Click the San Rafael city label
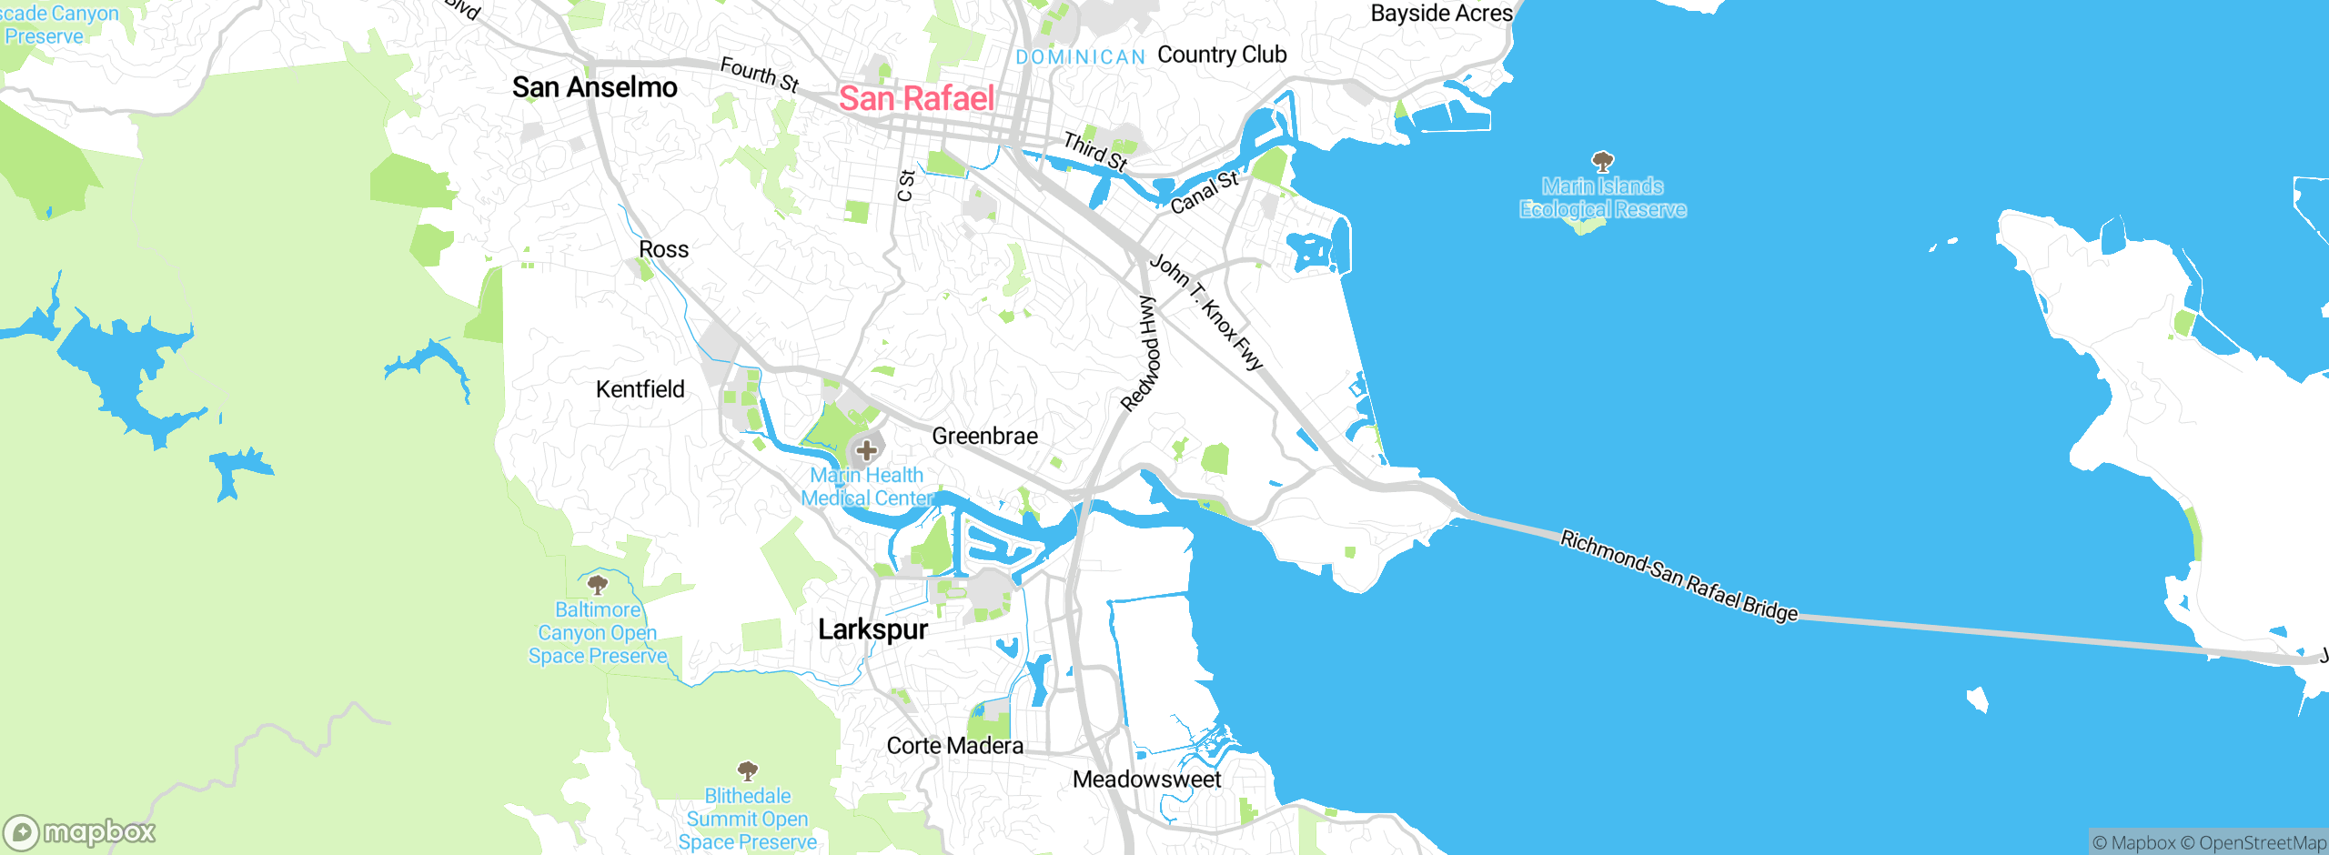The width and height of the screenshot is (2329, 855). (x=916, y=98)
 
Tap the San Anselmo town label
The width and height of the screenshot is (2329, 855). (x=594, y=87)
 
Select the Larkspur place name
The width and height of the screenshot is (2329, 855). (x=872, y=629)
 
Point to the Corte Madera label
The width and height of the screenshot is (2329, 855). (x=954, y=746)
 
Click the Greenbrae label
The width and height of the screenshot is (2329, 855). (x=984, y=437)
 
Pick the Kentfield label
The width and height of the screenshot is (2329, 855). (x=640, y=389)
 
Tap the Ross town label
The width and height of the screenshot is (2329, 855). (x=663, y=249)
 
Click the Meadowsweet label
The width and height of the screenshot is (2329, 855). (x=1146, y=780)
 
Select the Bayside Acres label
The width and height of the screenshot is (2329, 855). (x=1441, y=14)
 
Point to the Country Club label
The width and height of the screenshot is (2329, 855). (x=1222, y=55)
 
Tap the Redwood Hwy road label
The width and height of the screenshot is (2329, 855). (x=1142, y=353)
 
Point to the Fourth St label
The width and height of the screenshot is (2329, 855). (x=759, y=75)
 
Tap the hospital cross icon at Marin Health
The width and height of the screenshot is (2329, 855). (x=866, y=450)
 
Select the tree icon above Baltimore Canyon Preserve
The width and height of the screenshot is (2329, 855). (x=598, y=584)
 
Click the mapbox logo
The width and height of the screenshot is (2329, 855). (x=80, y=832)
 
